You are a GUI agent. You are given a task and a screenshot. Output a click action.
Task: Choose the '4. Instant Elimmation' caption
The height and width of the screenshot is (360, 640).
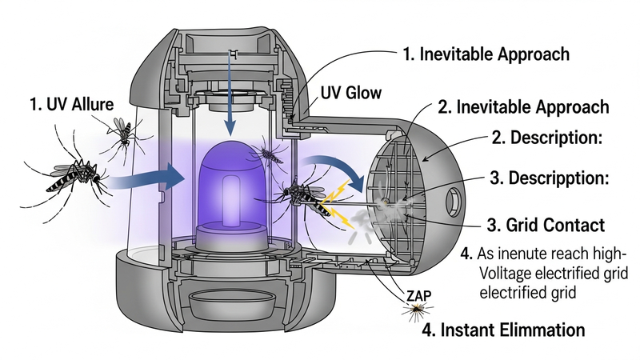(x=503, y=329)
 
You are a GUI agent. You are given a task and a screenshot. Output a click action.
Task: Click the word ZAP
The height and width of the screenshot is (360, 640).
(x=415, y=295)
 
